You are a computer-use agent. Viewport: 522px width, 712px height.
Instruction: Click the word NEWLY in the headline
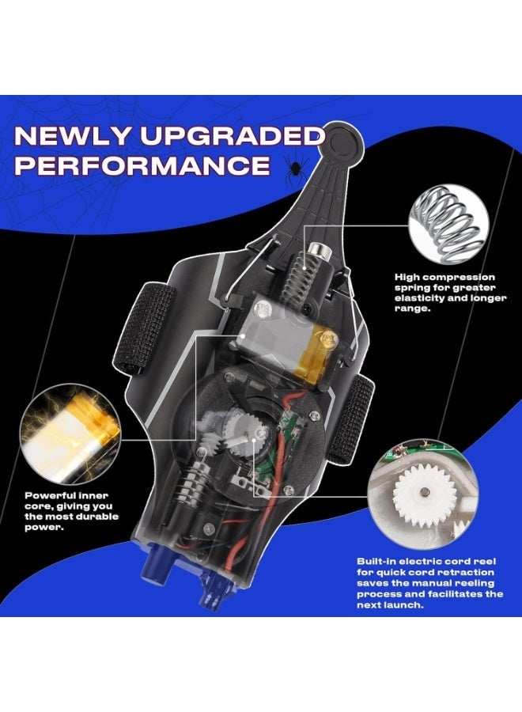click(72, 136)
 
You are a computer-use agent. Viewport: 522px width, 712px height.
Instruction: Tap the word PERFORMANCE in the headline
click(142, 165)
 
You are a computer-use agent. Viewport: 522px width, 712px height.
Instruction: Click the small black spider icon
click(294, 168)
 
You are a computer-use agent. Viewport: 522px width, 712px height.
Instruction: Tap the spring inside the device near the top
click(299, 272)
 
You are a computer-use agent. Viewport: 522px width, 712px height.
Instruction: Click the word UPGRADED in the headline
click(232, 136)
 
